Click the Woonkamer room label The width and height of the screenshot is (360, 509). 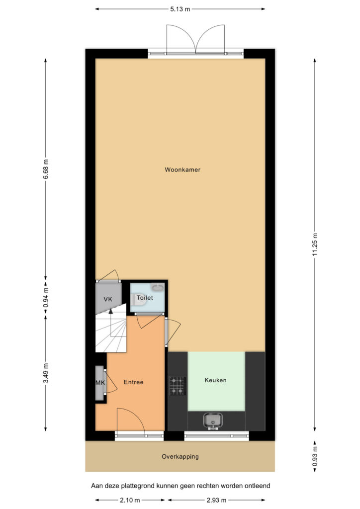[182, 170]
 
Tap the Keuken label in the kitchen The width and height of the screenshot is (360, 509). [215, 380]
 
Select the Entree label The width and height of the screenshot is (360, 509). [133, 382]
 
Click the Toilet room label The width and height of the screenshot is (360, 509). [145, 298]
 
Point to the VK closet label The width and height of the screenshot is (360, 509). [108, 299]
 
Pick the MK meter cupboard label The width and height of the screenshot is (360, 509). [100, 383]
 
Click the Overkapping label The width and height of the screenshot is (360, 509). [180, 456]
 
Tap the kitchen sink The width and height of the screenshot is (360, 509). [213, 421]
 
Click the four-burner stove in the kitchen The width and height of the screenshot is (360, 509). [178, 386]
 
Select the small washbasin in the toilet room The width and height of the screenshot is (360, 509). [158, 287]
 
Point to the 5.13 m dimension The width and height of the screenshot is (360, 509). [180, 9]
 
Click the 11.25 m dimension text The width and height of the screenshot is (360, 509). [315, 245]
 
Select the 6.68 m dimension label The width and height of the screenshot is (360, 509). [46, 169]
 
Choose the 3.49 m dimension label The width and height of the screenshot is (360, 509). [46, 373]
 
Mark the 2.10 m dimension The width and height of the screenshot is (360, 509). [130, 500]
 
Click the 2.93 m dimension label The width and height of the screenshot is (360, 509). [217, 500]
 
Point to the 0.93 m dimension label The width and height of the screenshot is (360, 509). [315, 456]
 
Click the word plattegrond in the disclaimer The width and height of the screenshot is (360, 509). [137, 486]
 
